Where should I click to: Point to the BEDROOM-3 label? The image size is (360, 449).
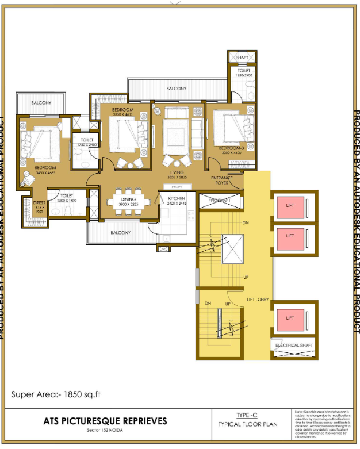tap(232, 148)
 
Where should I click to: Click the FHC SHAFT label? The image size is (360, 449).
tap(219, 200)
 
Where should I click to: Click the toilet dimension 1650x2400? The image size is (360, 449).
tap(243, 75)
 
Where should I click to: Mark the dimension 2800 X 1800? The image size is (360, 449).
tap(67, 201)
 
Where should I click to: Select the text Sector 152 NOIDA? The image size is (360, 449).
tap(105, 430)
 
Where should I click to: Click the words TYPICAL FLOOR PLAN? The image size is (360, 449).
tap(248, 424)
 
